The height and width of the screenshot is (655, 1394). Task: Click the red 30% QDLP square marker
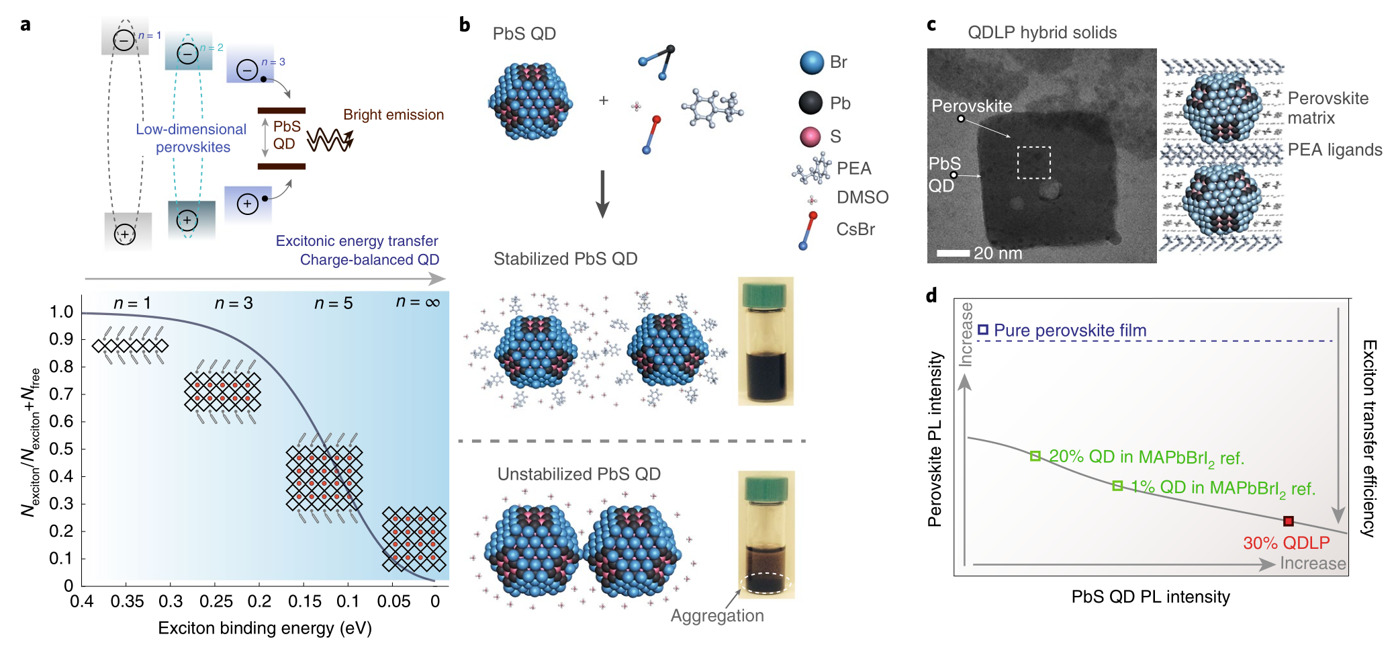[x=1288, y=521]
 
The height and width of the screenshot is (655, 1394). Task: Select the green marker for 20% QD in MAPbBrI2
[x=1035, y=456]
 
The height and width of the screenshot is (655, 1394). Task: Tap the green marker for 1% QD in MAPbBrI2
[x=1117, y=486]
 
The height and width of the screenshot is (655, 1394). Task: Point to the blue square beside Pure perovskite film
[x=983, y=329]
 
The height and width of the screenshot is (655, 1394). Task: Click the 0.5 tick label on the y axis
[x=61, y=449]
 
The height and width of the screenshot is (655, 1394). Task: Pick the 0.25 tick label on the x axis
[x=216, y=601]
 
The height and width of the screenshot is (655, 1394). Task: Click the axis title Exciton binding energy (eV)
[x=265, y=628]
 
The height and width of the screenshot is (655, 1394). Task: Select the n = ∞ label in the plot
[x=418, y=302]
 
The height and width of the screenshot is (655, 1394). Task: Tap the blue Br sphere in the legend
[x=812, y=62]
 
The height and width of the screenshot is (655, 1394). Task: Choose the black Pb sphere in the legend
[x=811, y=103]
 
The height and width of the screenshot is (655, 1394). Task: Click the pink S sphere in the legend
[x=810, y=137]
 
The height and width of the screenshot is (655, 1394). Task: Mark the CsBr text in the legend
[x=855, y=230]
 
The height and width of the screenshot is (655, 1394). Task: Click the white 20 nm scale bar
[x=953, y=253]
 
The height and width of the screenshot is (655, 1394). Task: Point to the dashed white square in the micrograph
[x=1033, y=163]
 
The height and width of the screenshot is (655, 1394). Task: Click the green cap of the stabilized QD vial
[x=765, y=294]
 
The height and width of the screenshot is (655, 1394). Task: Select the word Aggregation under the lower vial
[x=717, y=616]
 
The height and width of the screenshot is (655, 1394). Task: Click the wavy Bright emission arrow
[x=330, y=140]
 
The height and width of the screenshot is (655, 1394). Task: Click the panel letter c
[x=931, y=25]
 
